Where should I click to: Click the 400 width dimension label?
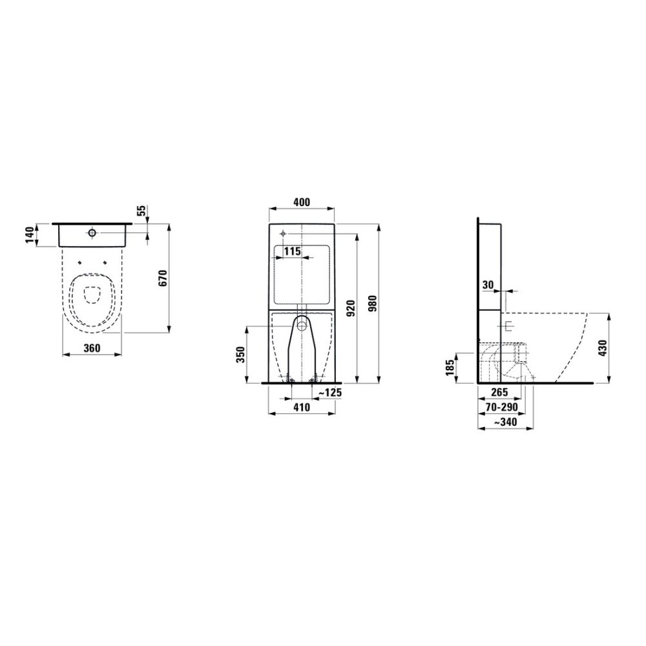(x=302, y=202)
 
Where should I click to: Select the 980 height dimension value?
(x=373, y=304)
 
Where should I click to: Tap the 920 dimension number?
(x=351, y=309)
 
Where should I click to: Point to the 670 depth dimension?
(x=163, y=278)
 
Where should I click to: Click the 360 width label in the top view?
(x=92, y=349)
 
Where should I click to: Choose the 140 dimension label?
(x=30, y=235)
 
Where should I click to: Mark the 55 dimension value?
(x=141, y=211)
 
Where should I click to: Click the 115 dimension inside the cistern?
(x=293, y=251)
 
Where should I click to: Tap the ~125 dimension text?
(x=330, y=393)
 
